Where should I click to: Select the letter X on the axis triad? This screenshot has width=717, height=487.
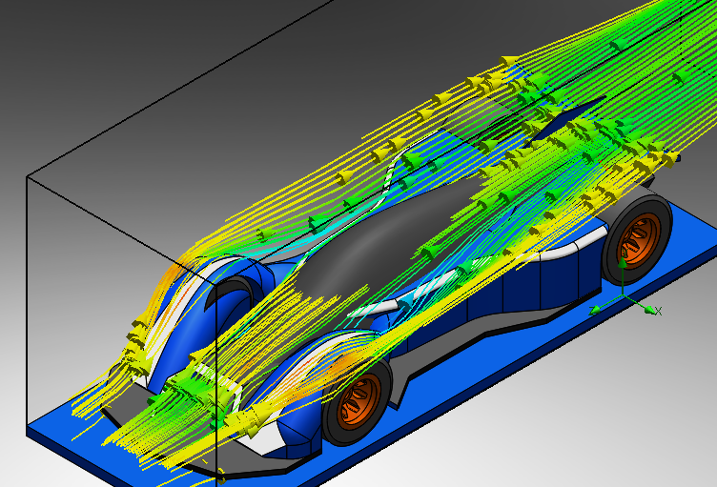pos(659,312)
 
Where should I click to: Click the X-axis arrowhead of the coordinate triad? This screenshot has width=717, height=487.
pos(649,310)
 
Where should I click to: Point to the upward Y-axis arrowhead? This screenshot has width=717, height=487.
pos(623,262)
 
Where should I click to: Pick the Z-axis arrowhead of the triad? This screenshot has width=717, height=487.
pos(594,311)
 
